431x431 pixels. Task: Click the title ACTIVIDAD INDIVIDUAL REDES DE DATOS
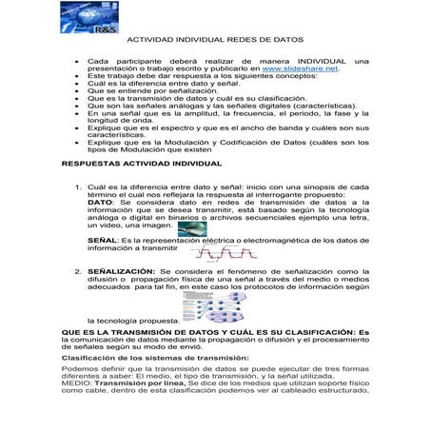point(215,41)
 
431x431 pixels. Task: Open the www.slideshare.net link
point(301,69)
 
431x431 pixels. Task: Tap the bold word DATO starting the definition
point(101,202)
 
